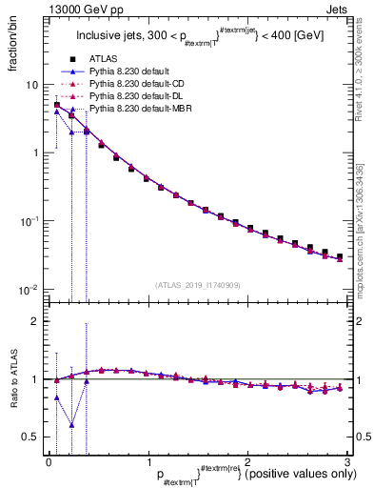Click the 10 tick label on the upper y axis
tap(30, 85)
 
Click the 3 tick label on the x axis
tap(346, 461)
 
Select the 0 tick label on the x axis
tap(49, 461)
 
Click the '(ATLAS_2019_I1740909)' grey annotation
tap(197, 285)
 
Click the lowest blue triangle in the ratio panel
tap(71, 425)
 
